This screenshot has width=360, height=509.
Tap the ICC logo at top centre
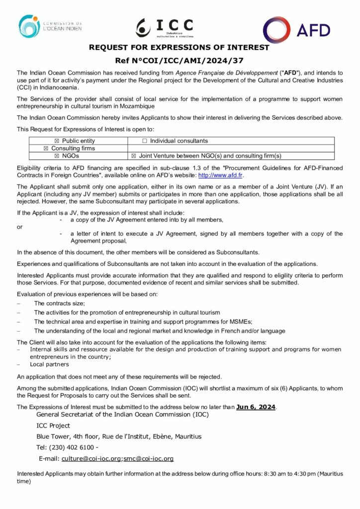tap(165, 28)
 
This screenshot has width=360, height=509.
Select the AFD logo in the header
tap(296, 30)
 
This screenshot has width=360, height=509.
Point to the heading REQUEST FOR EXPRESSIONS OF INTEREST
tap(179, 48)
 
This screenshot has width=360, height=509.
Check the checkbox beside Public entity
tap(56, 141)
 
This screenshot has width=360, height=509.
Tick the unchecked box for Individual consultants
tap(145, 141)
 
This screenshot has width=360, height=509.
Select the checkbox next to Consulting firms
tap(46, 148)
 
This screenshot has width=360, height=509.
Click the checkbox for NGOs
tap(56, 156)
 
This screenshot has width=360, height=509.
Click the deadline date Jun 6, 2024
tap(256, 407)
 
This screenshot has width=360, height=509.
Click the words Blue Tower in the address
tap(51, 436)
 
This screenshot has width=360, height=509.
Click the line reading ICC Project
tap(53, 425)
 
